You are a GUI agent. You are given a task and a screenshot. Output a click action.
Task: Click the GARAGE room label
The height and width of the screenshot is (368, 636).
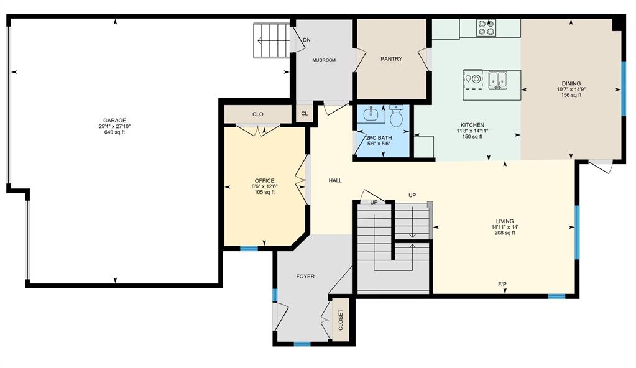(x=114, y=121)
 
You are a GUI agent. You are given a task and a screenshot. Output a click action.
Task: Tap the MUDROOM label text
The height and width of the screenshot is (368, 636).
(x=323, y=60)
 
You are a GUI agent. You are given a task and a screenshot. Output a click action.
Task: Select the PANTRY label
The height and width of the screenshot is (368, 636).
(x=391, y=59)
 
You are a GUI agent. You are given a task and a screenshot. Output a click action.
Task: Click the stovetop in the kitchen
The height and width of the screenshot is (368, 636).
(x=486, y=28)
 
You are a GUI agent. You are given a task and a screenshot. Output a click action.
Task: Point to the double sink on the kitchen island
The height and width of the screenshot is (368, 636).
(x=497, y=79)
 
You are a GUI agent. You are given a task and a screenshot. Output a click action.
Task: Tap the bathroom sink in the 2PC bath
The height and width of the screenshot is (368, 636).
(x=371, y=114)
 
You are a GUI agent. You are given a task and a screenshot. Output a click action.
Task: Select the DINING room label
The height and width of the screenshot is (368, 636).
(x=571, y=83)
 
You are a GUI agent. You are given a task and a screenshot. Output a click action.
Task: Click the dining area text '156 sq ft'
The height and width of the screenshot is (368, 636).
(x=571, y=95)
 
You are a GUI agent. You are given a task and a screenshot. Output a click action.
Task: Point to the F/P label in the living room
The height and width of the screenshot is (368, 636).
(x=502, y=284)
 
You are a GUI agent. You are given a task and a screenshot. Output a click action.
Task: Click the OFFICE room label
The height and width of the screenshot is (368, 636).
(x=264, y=181)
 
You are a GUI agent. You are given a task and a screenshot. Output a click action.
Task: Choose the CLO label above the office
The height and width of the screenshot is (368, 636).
(x=258, y=114)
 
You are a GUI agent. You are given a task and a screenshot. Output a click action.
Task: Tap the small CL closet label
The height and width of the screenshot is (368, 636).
(x=304, y=114)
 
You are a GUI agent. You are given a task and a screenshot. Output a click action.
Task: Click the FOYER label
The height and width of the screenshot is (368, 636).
(x=305, y=277)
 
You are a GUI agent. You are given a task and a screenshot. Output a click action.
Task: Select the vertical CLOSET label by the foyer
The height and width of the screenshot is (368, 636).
(x=341, y=320)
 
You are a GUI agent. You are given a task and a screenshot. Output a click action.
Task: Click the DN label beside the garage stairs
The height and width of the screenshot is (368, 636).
(x=306, y=40)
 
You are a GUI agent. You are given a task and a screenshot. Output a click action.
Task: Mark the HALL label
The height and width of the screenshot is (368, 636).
(x=335, y=181)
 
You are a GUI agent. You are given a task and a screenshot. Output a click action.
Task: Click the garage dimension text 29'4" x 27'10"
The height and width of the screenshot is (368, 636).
(x=114, y=126)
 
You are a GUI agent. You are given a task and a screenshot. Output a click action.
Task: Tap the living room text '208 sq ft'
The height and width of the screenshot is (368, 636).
(x=504, y=233)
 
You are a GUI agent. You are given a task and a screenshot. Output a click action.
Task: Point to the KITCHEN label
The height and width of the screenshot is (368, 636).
(x=472, y=125)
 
